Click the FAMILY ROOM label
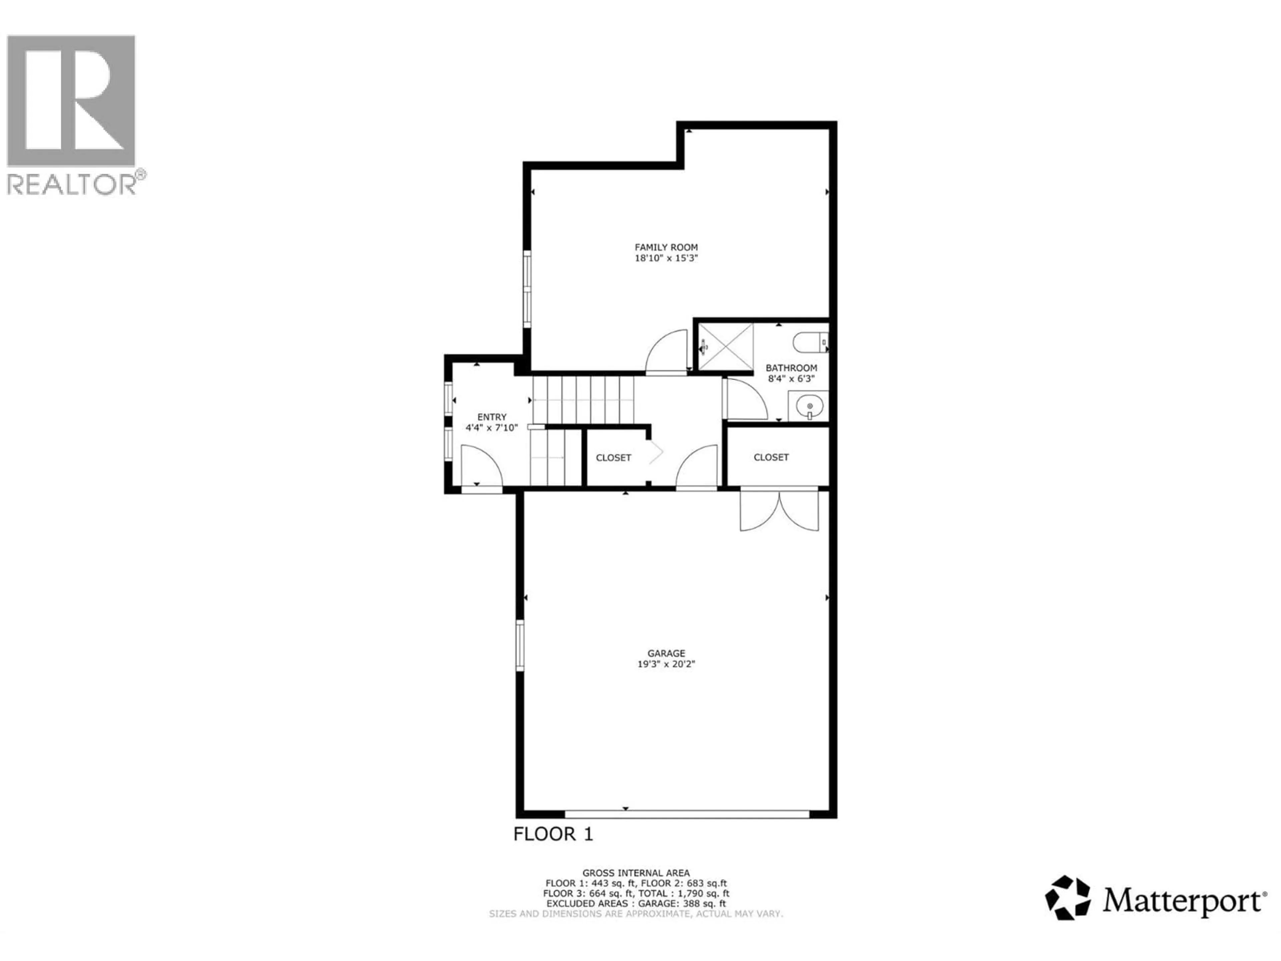[666, 247]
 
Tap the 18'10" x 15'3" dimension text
[666, 258]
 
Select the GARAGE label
[666, 653]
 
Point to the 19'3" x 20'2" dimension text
[666, 664]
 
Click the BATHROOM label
[791, 368]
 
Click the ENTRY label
[492, 417]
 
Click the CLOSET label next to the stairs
[613, 457]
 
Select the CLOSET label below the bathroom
[771, 457]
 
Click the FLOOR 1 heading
[553, 834]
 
